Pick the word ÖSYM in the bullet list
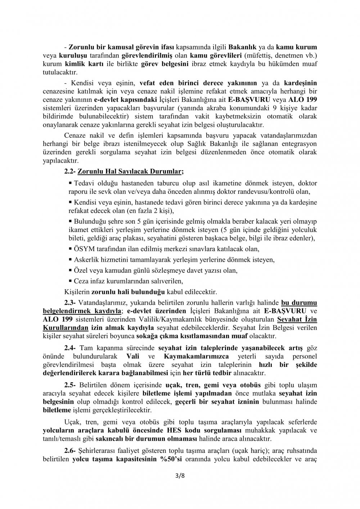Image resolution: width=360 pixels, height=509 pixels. (82, 249)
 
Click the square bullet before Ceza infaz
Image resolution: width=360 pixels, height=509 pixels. (70, 281)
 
